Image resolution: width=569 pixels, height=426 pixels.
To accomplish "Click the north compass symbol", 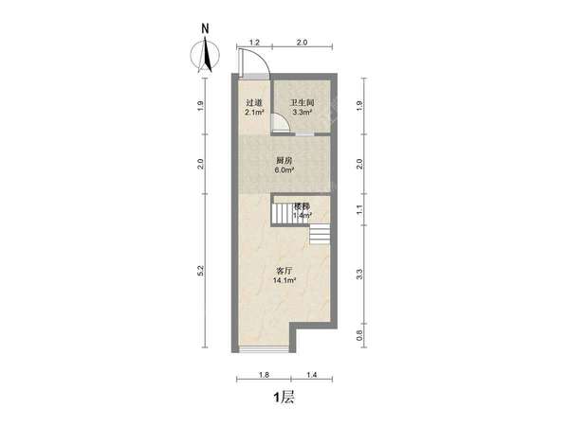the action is pyautogui.click(x=205, y=51).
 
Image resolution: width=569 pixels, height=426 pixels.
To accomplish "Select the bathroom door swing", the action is pyautogui.click(x=284, y=118).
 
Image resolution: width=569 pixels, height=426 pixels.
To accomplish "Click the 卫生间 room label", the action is pyautogui.click(x=302, y=103).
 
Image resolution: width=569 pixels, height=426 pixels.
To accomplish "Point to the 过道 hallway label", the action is pyautogui.click(x=254, y=103).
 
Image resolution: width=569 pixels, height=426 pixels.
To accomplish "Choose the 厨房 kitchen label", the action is pyautogui.click(x=284, y=161).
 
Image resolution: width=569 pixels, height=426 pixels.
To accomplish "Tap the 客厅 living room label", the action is pyautogui.click(x=284, y=271).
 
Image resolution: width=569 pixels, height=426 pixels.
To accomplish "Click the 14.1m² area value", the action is pyautogui.click(x=284, y=280).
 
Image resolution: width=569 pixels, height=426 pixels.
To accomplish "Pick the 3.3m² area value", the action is pyautogui.click(x=303, y=113).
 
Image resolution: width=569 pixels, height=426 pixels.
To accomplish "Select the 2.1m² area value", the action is pyautogui.click(x=254, y=113).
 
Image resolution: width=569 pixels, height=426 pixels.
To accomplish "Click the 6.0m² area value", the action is pyautogui.click(x=284, y=169).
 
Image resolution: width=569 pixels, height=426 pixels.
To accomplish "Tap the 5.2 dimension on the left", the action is pyautogui.click(x=201, y=271).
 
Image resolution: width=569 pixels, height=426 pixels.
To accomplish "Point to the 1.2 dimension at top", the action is pyautogui.click(x=254, y=43).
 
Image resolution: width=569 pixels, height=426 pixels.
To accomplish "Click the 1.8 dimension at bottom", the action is pyautogui.click(x=264, y=375).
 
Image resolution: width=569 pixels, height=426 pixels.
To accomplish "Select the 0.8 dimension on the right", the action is pyautogui.click(x=359, y=335).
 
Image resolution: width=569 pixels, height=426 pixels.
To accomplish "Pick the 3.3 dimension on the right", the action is pyautogui.click(x=359, y=275).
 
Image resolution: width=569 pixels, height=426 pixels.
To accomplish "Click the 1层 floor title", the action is pyautogui.click(x=284, y=398).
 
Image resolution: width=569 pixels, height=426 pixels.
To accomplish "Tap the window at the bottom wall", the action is pyautogui.click(x=265, y=349).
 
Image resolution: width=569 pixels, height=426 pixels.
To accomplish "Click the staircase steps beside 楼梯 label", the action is pyautogui.click(x=283, y=214).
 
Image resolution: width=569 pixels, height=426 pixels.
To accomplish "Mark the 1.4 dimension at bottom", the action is pyautogui.click(x=312, y=375).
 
